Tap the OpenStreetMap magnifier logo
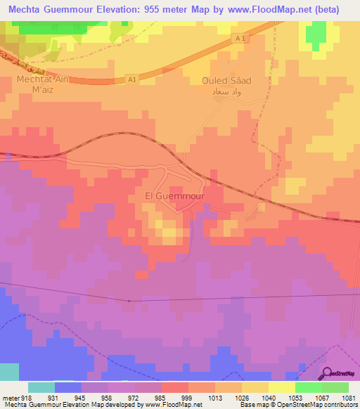pyautogui.click(x=328, y=375)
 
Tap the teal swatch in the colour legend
pyautogui.click(x=41, y=387)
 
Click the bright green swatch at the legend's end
pyautogui.click(x=335, y=387)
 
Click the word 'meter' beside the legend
pyautogui.click(x=11, y=398)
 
